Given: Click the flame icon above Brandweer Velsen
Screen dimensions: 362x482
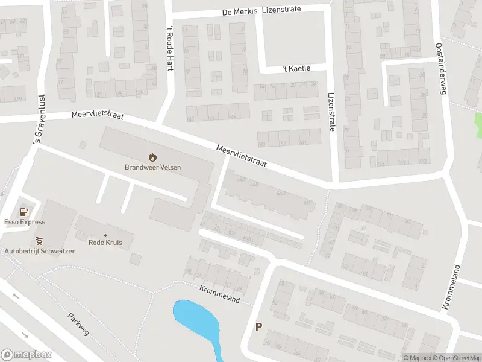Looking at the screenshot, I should tap(152, 157).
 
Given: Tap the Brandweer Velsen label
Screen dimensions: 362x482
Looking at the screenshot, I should tap(152, 167).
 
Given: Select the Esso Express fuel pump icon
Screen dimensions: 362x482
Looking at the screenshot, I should tap(24, 212).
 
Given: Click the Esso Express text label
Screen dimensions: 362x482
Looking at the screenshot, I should tap(24, 222).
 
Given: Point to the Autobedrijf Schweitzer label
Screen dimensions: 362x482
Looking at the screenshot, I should tap(40, 251).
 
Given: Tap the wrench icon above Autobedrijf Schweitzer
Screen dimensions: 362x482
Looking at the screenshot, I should tap(40, 241).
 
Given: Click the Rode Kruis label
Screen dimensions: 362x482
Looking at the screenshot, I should tap(105, 243).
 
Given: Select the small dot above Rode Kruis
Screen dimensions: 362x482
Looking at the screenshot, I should tap(105, 235).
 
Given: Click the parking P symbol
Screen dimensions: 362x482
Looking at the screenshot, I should tap(259, 327).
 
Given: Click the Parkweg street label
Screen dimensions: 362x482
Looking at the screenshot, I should tap(78, 323).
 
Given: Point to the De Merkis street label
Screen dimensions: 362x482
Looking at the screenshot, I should tap(240, 11).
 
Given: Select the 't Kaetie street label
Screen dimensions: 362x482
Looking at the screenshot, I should tap(297, 68).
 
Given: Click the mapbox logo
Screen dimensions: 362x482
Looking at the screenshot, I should tap(27, 355).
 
